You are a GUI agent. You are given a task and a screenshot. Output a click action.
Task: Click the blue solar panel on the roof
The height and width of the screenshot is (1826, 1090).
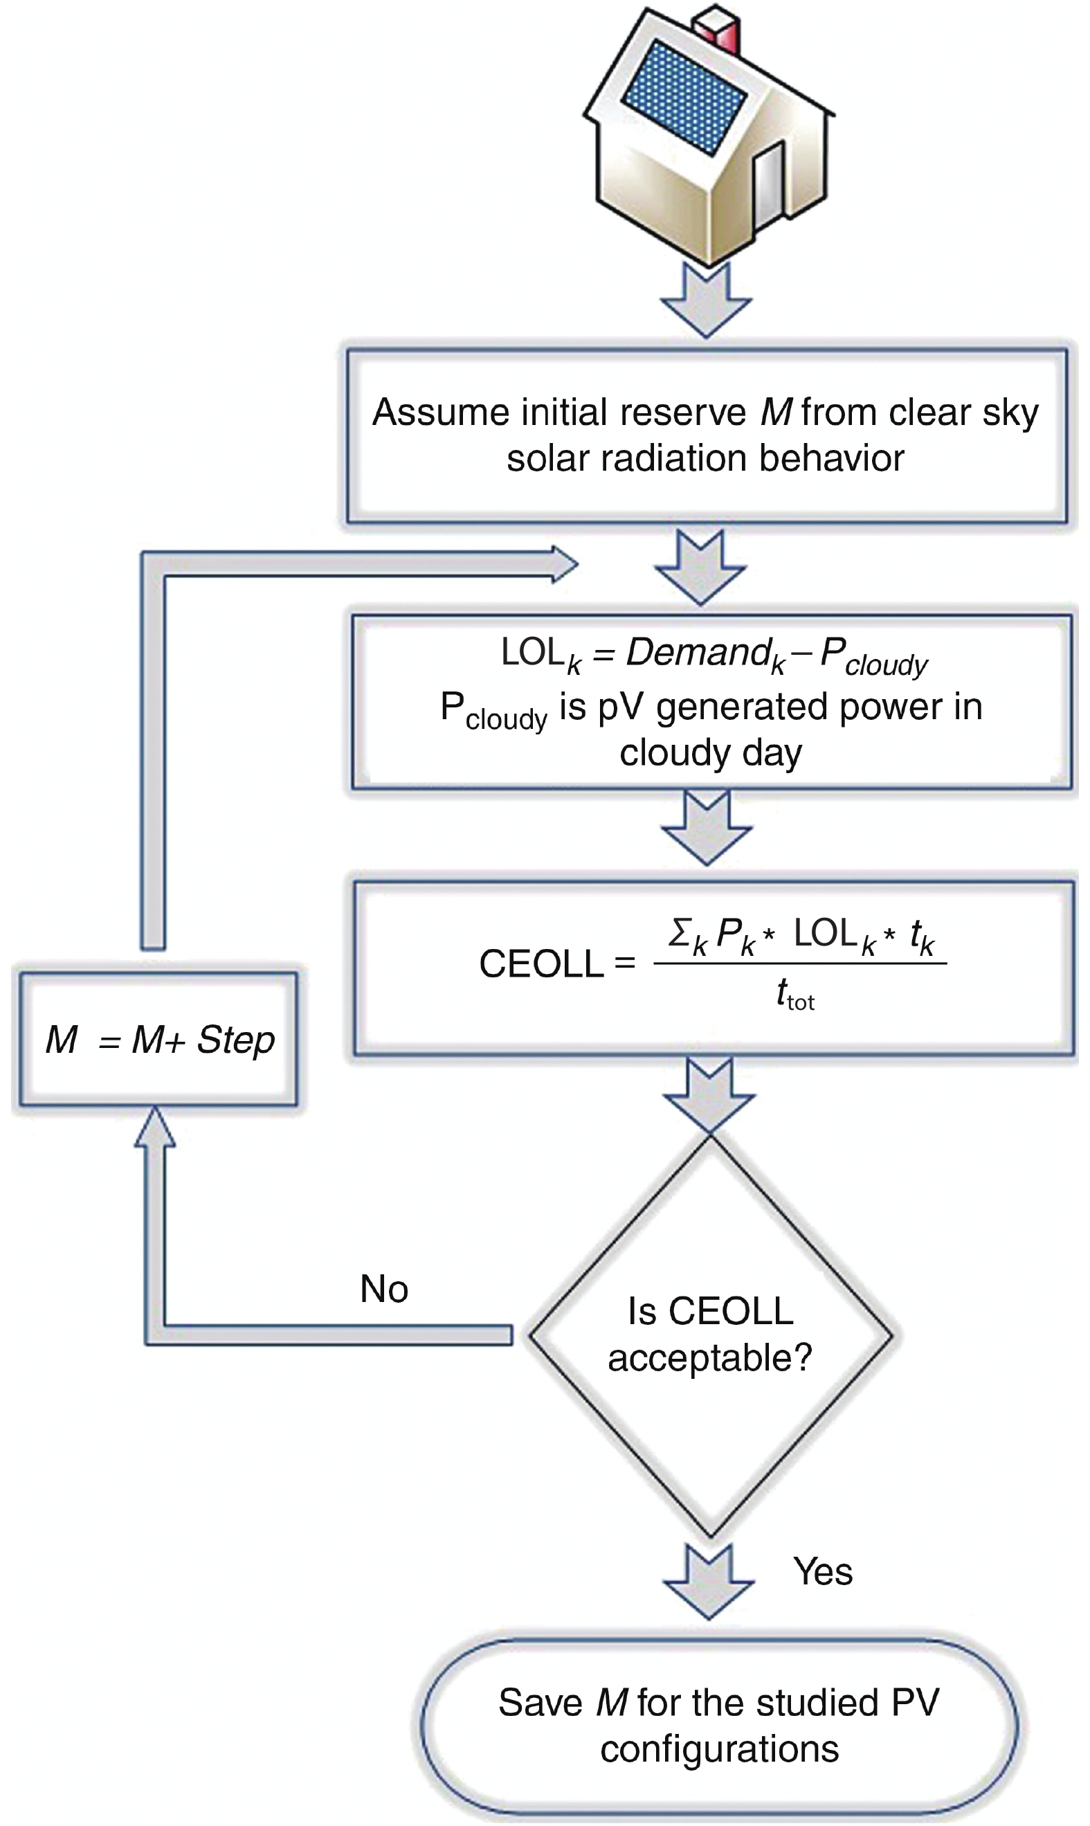pos(684,98)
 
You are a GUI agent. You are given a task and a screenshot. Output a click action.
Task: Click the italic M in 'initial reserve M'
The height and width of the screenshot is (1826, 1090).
pos(776,412)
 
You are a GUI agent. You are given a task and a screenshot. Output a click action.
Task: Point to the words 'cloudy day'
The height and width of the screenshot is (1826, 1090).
pos(710,753)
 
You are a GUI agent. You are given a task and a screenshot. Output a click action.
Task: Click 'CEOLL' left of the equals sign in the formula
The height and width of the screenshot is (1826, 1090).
pos(541,964)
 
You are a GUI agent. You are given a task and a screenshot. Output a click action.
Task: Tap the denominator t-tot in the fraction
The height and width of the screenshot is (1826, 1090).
pos(794,996)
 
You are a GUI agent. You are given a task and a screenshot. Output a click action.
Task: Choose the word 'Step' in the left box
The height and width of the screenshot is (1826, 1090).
pos(236,1040)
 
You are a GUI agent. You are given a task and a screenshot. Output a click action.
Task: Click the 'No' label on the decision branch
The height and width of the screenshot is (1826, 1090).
pos(383,1289)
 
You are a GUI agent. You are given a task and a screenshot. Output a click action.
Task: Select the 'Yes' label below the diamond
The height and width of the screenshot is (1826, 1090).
pos(823,1572)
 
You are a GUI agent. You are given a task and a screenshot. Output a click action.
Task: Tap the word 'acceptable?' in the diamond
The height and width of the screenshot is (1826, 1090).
pos(709,1357)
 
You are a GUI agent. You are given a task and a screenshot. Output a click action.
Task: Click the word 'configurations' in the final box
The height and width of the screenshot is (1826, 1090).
pos(719,1749)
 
